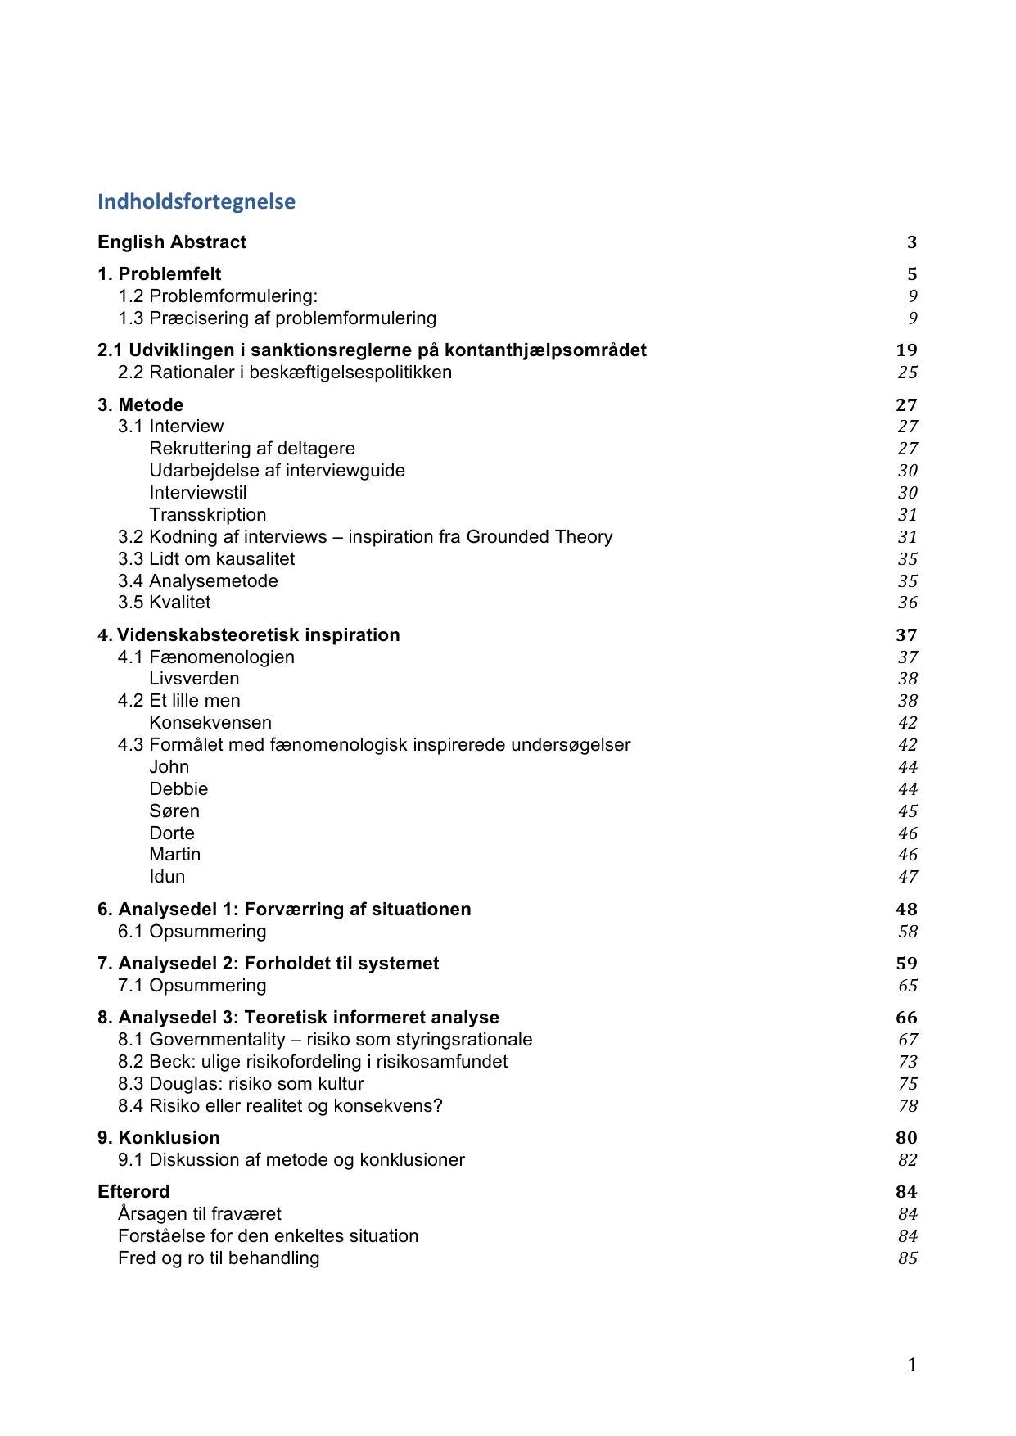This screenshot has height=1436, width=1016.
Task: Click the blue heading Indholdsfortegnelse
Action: click(x=196, y=201)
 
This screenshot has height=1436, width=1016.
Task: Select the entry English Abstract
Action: click(x=172, y=242)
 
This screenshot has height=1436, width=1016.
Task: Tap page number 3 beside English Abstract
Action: click(x=911, y=242)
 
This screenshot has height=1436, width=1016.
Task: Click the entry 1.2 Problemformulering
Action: click(x=218, y=296)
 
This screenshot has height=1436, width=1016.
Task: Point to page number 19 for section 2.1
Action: click(x=906, y=350)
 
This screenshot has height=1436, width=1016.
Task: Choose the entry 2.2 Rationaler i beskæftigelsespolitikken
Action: click(x=285, y=373)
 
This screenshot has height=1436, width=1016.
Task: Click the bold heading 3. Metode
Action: click(x=141, y=405)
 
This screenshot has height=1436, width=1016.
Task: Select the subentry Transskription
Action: click(x=208, y=515)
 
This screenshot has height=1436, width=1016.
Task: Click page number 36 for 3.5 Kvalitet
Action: click(x=907, y=603)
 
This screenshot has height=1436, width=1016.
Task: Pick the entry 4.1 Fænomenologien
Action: click(x=206, y=657)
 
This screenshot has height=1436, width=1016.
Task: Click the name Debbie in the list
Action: click(x=178, y=789)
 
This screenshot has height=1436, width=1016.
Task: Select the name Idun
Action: click(x=167, y=877)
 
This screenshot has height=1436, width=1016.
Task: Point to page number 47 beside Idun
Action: click(x=907, y=877)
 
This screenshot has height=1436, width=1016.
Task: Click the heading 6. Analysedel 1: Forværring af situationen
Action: click(x=284, y=910)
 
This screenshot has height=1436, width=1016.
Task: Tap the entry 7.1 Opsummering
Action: click(x=192, y=986)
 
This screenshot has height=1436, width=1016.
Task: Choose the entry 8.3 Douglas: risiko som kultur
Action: click(x=241, y=1084)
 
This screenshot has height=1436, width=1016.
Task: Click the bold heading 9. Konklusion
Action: click(x=159, y=1138)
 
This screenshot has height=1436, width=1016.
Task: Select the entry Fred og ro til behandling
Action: click(x=219, y=1258)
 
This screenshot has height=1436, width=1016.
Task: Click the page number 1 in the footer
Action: click(x=912, y=1365)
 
